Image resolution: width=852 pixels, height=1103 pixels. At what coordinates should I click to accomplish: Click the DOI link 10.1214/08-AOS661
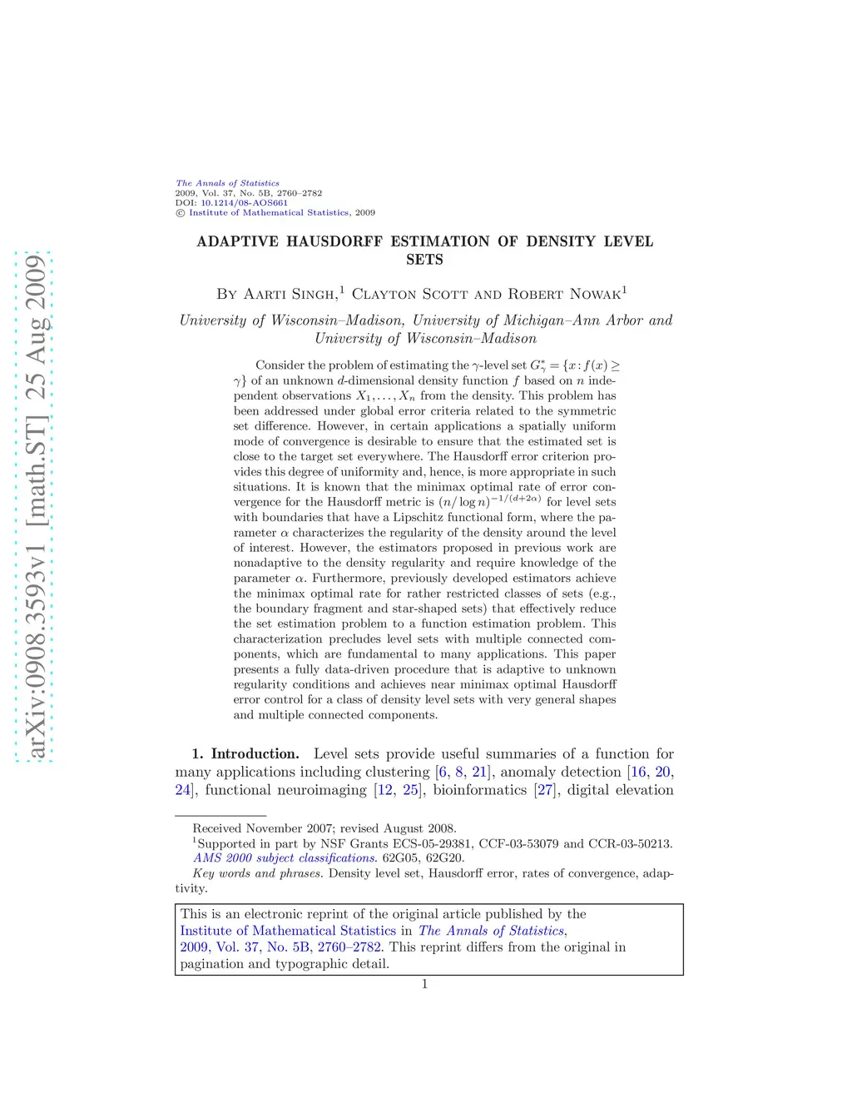point(244,202)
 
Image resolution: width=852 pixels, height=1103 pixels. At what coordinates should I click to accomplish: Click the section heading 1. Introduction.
point(245,754)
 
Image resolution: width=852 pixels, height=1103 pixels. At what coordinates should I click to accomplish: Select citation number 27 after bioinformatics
point(545,790)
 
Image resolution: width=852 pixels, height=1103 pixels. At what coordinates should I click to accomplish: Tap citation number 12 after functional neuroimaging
point(384,790)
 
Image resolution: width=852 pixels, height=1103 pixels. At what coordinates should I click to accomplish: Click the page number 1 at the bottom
point(424,984)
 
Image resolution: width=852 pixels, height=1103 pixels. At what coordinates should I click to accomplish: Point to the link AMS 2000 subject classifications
point(285,858)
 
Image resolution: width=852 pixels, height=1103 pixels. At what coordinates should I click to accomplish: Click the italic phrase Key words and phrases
point(257,873)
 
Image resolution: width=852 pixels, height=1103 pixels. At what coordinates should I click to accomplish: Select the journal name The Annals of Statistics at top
point(227,183)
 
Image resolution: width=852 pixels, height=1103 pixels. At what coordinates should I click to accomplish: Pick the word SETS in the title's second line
point(424,260)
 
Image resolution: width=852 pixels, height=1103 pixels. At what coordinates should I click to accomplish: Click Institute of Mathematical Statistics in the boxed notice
point(288,931)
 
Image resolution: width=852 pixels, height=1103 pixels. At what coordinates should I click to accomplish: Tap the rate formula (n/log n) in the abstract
point(464,502)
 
